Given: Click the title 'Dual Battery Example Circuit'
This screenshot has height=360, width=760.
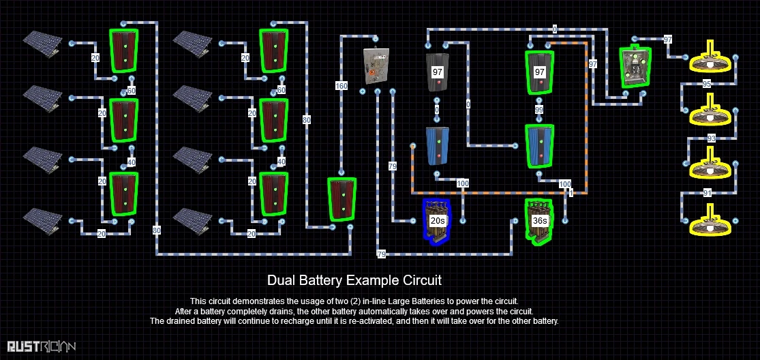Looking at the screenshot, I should [354, 280].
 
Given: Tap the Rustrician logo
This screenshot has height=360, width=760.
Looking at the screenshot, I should [42, 347].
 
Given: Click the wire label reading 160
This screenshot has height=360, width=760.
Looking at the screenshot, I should [341, 86].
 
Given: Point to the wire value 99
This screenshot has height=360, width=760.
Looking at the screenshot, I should [539, 109].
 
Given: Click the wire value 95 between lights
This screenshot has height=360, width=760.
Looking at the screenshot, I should [707, 84].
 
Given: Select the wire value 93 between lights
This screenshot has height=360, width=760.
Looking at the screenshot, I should [711, 138].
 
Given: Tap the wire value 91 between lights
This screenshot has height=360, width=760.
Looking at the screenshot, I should [708, 193].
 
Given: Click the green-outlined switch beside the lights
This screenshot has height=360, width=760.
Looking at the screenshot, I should [635, 67].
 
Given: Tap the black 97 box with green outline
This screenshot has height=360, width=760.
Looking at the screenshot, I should [540, 72].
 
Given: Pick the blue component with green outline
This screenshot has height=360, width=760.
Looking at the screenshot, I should [539, 146].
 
